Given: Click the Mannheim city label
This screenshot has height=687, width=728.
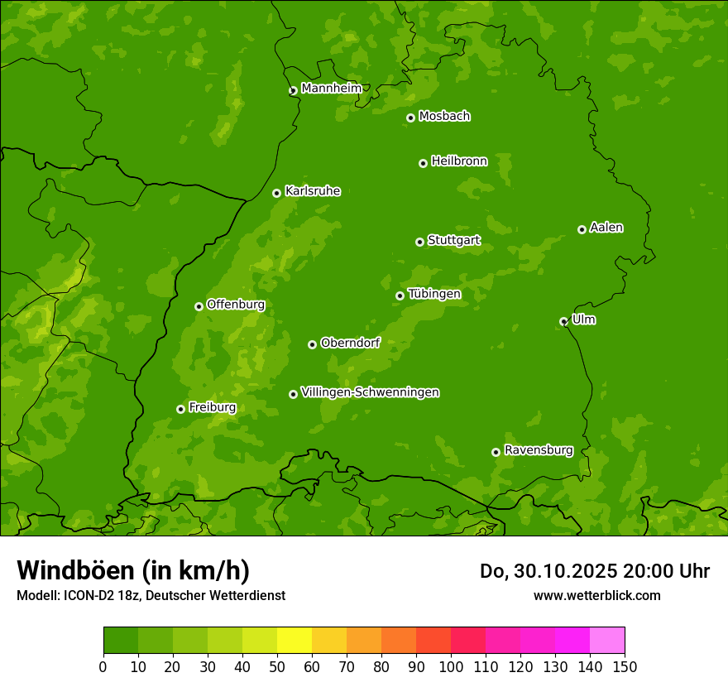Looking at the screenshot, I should [x=331, y=89].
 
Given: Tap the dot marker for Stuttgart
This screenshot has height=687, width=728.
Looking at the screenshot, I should [x=419, y=242].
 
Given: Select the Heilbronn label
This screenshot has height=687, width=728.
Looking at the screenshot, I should [x=459, y=161].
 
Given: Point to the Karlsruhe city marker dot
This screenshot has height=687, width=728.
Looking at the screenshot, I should [x=276, y=193].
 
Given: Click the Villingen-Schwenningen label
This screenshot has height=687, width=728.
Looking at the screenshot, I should [x=370, y=392].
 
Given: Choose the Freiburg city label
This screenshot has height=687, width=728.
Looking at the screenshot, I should [x=212, y=407].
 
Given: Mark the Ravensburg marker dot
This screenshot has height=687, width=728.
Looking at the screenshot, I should [x=496, y=452].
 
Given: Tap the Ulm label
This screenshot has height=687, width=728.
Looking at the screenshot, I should [x=583, y=319].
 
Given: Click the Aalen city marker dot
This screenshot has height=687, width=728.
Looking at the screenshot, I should [x=582, y=229].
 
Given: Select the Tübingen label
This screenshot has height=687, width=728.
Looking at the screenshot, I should [x=434, y=294].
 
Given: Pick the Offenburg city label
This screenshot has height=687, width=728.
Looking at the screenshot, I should [x=236, y=305].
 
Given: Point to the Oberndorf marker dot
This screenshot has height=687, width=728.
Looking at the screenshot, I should [x=312, y=344].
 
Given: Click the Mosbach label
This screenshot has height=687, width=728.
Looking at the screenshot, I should [x=444, y=117].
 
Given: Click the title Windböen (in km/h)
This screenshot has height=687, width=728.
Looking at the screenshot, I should [x=133, y=570].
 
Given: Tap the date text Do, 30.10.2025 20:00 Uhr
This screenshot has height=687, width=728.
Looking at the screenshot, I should [x=594, y=571].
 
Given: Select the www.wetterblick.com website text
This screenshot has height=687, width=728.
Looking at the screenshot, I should [x=596, y=595].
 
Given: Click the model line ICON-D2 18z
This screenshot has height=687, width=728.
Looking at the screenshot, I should [x=151, y=595].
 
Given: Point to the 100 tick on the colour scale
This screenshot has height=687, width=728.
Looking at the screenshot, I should [x=451, y=666].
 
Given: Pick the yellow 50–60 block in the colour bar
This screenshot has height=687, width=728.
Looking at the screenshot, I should [x=295, y=641].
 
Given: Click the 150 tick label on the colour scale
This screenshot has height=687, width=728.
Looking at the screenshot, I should [x=625, y=666].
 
